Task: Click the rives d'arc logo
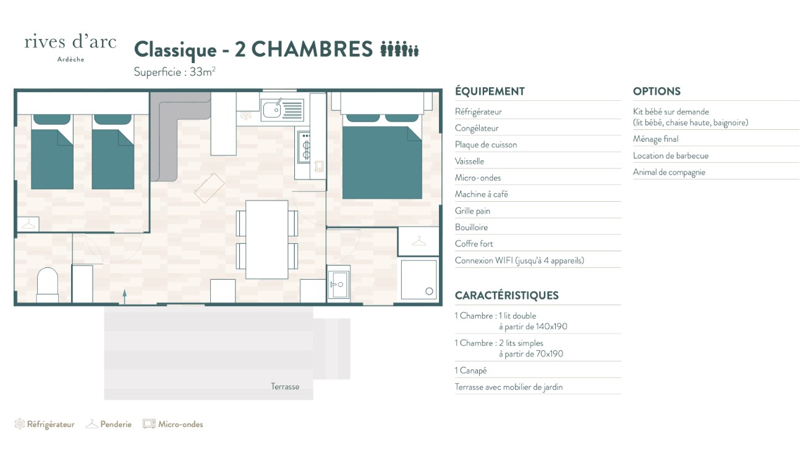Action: [x=70, y=48]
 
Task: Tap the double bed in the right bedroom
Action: [x=382, y=156]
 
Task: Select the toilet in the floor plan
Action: [x=47, y=285]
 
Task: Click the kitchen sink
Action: [x=282, y=110]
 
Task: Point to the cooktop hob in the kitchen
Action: [x=304, y=147]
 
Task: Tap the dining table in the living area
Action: [x=267, y=239]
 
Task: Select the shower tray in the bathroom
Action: [x=419, y=279]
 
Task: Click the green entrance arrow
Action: [x=124, y=296]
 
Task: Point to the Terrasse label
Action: [x=285, y=387]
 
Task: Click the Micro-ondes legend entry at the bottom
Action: [x=173, y=424]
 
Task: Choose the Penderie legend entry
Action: [x=109, y=424]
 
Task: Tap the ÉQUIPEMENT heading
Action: [x=490, y=92]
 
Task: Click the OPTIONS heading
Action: [x=657, y=92]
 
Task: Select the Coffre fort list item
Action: [x=474, y=244]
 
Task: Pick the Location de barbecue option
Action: [x=671, y=155]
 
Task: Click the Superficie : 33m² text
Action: [x=174, y=72]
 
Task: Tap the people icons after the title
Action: [x=399, y=49]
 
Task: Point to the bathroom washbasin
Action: [x=339, y=285]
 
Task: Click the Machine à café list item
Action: [x=481, y=194]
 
